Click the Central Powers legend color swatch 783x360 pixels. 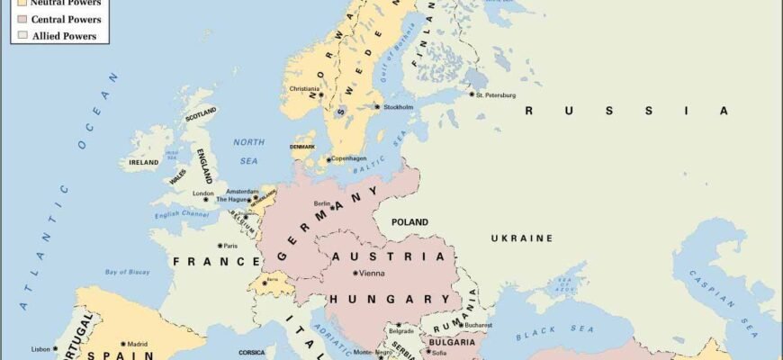(x=22, y=19)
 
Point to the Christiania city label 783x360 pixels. (x=304, y=88)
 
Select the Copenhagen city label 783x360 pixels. (x=349, y=158)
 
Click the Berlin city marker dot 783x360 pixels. (x=333, y=207)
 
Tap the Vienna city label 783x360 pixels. (x=372, y=273)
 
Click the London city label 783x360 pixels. (x=202, y=193)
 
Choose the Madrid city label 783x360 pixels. (x=137, y=344)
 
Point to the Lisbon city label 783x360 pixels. (x=40, y=349)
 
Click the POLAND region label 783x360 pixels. (x=409, y=221)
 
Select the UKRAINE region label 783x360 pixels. (x=521, y=238)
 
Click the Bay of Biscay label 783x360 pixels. (x=126, y=272)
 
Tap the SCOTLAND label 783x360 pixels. (x=201, y=112)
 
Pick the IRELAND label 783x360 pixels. (x=144, y=163)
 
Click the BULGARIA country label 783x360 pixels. (x=451, y=343)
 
